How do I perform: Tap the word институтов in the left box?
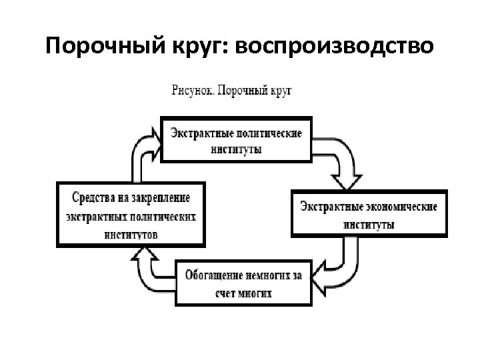(131, 234)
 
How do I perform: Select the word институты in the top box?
(236, 149)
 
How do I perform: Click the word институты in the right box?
(369, 225)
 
